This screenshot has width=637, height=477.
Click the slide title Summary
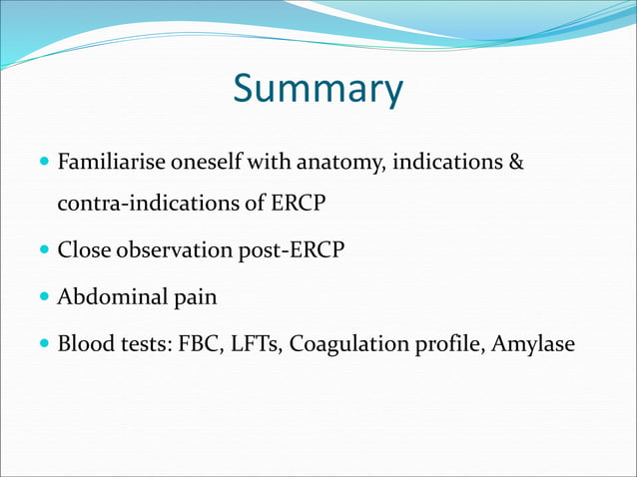pos(318,89)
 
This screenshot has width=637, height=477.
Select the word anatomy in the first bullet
pos(334,161)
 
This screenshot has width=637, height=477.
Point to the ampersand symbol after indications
pos(516,161)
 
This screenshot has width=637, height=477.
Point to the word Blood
pos(84,344)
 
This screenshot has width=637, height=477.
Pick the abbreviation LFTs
pos(257,344)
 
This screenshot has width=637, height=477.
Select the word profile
pos(446,344)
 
